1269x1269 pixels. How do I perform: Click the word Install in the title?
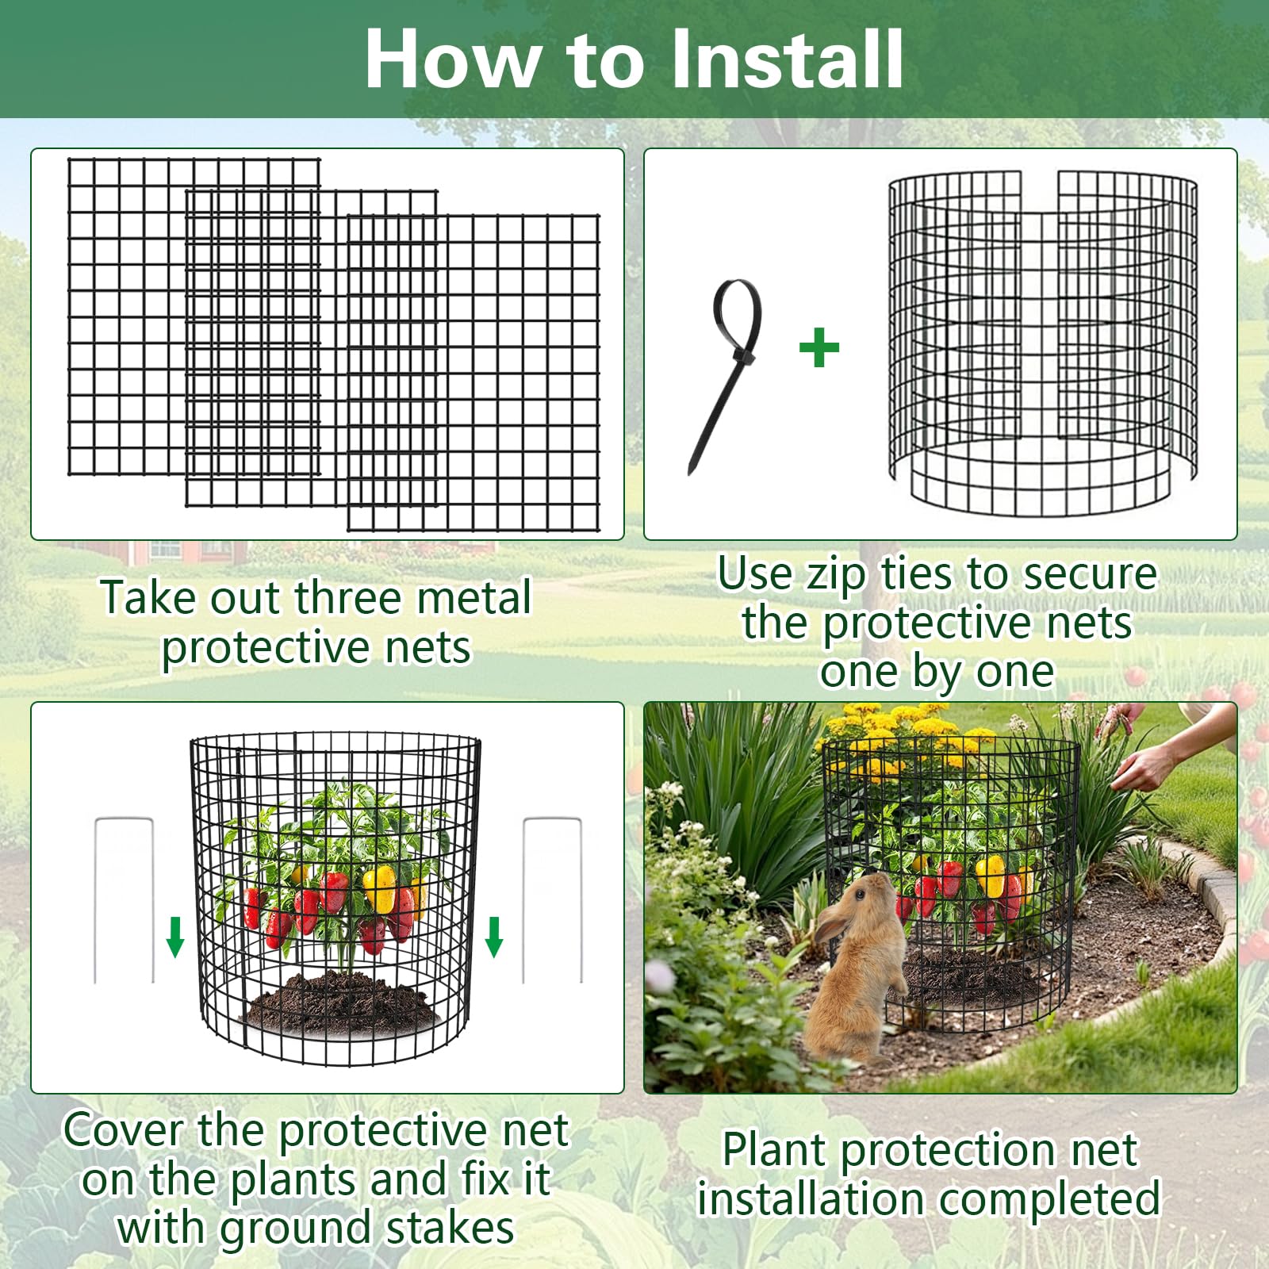coord(787,59)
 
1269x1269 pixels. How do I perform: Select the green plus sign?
coord(819,347)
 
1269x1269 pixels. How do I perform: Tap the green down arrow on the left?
coord(175,937)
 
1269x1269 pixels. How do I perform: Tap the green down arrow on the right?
coord(494,937)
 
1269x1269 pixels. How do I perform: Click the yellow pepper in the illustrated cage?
coord(380,889)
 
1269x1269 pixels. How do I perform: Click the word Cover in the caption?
coord(124,1129)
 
